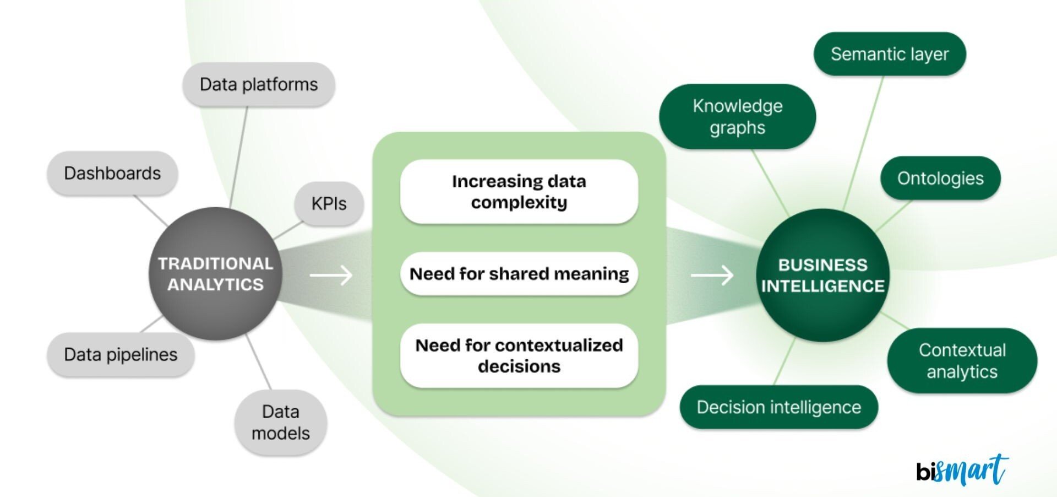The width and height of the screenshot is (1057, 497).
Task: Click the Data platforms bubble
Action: pos(259,84)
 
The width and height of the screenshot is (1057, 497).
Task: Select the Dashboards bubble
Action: pos(112,173)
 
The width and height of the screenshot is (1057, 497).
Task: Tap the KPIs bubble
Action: pos(329,203)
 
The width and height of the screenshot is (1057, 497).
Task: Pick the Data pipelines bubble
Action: pos(121,354)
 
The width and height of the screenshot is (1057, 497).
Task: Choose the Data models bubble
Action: pos(281,422)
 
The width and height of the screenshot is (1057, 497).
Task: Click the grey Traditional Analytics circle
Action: pos(215,274)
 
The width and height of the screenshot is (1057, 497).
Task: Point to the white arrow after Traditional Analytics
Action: pos(331,274)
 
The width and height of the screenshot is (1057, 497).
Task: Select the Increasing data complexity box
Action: pos(519,192)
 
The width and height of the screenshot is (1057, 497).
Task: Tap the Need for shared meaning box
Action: pos(519,274)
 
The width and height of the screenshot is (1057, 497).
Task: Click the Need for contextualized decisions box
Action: pos(519,355)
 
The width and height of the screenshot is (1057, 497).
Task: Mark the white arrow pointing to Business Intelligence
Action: pos(712,274)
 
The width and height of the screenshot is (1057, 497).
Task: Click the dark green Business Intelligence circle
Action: pos(822,275)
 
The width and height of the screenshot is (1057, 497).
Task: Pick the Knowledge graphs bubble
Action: pos(737,117)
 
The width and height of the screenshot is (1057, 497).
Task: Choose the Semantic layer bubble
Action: pos(890,54)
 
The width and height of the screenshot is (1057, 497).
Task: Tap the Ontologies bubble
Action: pos(940,178)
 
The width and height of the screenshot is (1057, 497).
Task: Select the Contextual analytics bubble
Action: pos(962,361)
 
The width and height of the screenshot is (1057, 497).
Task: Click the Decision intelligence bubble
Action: pos(778,407)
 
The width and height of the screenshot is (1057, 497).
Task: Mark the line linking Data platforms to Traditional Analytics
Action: pos(238,156)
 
